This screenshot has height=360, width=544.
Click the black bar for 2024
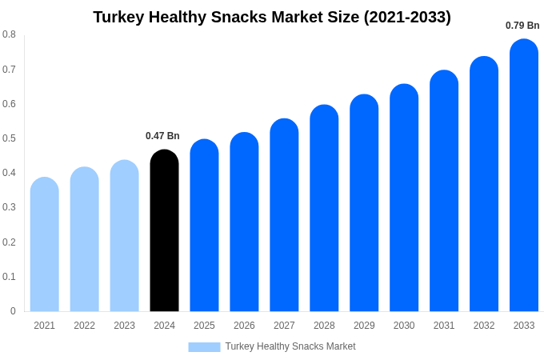[x=164, y=232]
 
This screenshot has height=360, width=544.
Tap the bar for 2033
[x=524, y=176]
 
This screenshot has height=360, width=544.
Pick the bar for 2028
[x=324, y=209]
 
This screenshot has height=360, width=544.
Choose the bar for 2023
[x=124, y=237]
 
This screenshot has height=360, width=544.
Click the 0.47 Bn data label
[x=162, y=136]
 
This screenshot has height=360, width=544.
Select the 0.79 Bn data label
[x=522, y=26]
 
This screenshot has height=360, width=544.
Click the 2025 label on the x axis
[x=204, y=326]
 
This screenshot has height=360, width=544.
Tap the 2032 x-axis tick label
[x=484, y=326]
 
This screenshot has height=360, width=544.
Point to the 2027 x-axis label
[x=284, y=326]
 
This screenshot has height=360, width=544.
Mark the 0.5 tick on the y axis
[x=9, y=138]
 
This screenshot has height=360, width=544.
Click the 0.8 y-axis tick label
[x=9, y=34]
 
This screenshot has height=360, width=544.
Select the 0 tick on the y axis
[x=13, y=311]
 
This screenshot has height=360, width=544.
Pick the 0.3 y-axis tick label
[x=9, y=207]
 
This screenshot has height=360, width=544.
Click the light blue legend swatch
[x=204, y=347]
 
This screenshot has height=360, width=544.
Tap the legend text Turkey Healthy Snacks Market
[x=290, y=346]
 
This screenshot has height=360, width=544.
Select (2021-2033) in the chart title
[x=407, y=17]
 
